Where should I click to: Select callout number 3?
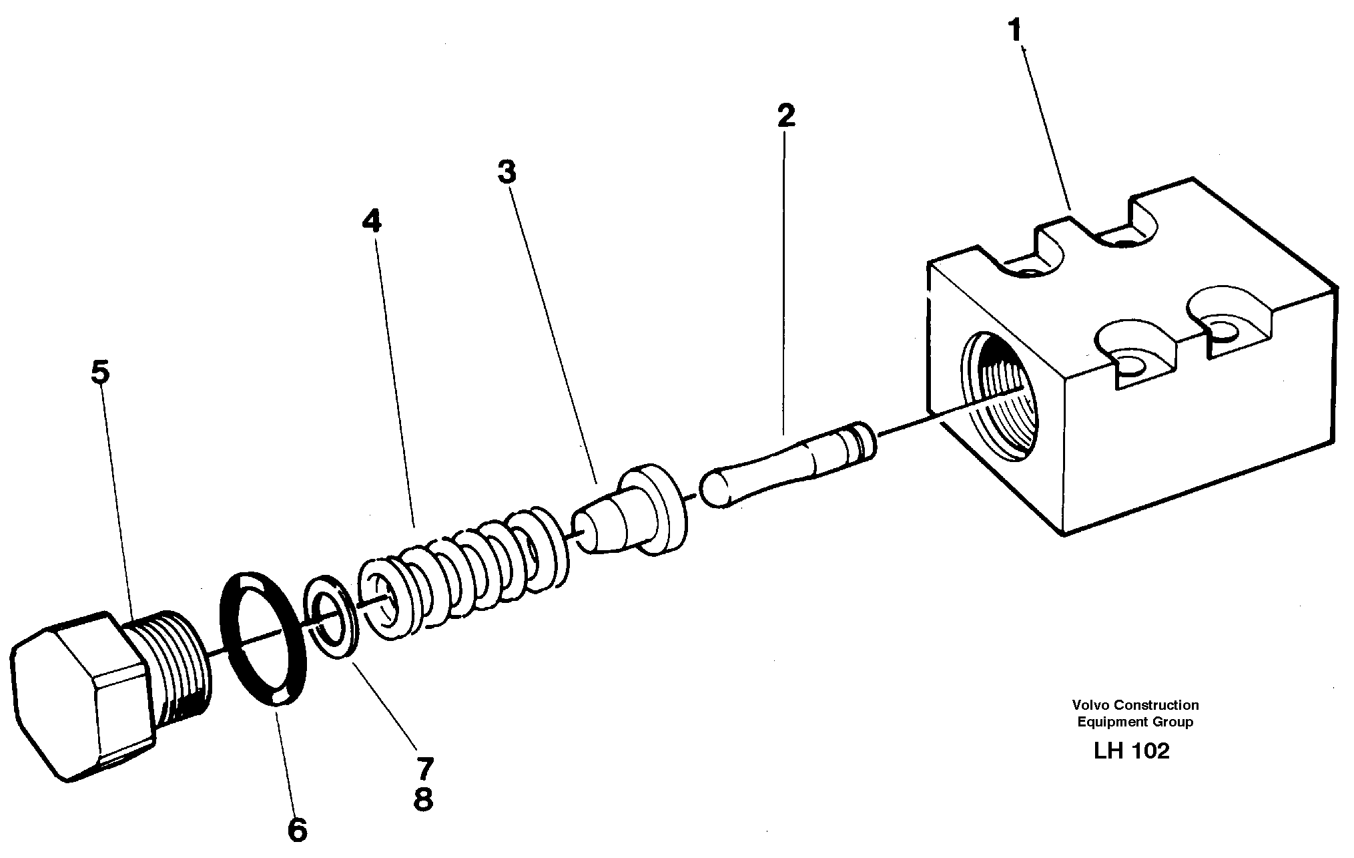(506, 172)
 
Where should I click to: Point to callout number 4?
(371, 220)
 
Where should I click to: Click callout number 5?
(100, 372)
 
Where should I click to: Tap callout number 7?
(424, 768)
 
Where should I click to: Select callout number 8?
(423, 799)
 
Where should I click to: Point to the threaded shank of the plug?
(177, 661)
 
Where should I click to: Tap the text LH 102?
(1131, 751)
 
